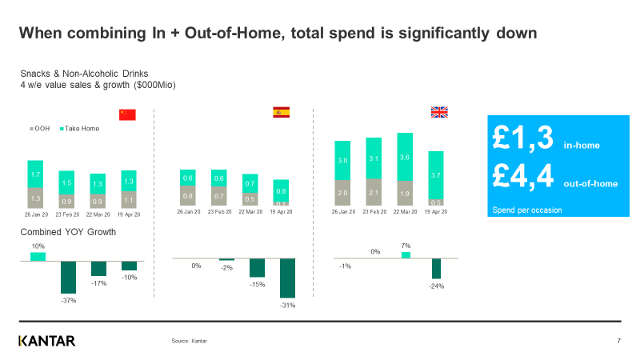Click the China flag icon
click(127, 114)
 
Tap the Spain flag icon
click(282, 112)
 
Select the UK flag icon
click(439, 112)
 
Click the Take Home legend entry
click(79, 128)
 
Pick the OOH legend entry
click(40, 128)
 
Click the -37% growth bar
click(68, 277)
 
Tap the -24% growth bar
click(436, 268)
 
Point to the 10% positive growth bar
click(38, 256)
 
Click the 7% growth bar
click(406, 255)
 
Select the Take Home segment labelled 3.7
click(436, 175)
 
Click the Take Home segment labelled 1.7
click(35, 174)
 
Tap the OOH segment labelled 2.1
click(374, 193)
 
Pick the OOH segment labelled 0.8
click(188, 195)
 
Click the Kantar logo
click(46, 342)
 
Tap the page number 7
click(619, 342)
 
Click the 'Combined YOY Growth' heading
click(68, 232)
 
